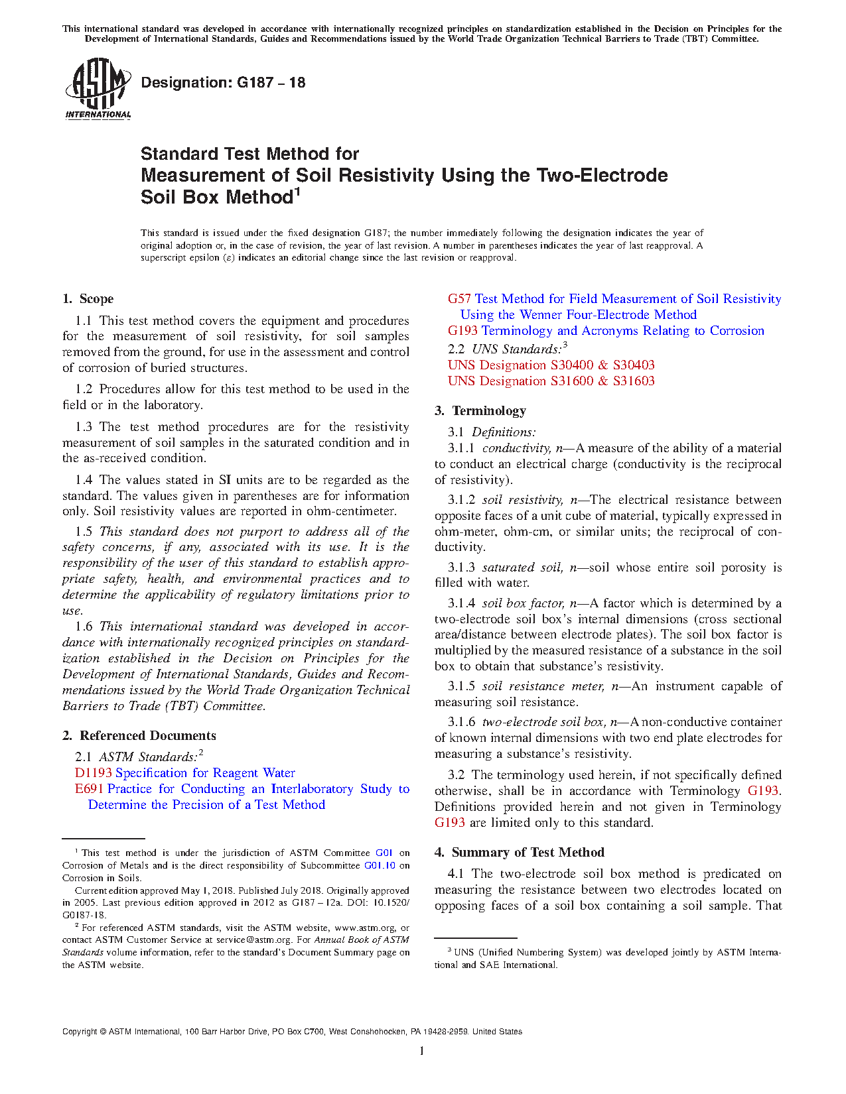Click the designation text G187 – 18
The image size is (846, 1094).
click(223, 83)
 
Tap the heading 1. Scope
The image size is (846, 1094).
click(88, 299)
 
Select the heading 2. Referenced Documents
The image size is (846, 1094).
click(139, 735)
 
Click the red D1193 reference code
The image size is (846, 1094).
click(93, 773)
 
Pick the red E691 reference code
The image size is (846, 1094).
click(89, 789)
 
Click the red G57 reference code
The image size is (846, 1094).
click(459, 299)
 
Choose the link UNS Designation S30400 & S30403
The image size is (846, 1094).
click(551, 365)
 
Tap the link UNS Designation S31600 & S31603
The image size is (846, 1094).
click(551, 381)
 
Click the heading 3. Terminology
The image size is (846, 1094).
click(480, 411)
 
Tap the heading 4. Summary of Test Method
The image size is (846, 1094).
click(520, 853)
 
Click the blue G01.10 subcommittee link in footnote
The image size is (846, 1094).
click(380, 865)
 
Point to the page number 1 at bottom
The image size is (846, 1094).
click(422, 1050)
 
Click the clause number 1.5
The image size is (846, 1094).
click(84, 532)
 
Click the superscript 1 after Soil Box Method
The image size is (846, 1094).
click(298, 192)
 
